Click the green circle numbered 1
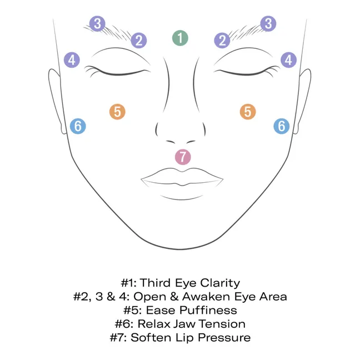(x=180, y=38)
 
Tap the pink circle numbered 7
(x=183, y=157)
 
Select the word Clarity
(x=220, y=283)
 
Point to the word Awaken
(x=206, y=297)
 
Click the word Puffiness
(x=208, y=311)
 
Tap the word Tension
(x=222, y=324)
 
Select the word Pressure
(x=224, y=338)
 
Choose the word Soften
(x=151, y=338)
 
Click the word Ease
(x=161, y=311)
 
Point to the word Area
(x=273, y=297)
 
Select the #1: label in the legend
(x=129, y=283)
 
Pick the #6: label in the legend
(x=124, y=324)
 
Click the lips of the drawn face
(x=182, y=177)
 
